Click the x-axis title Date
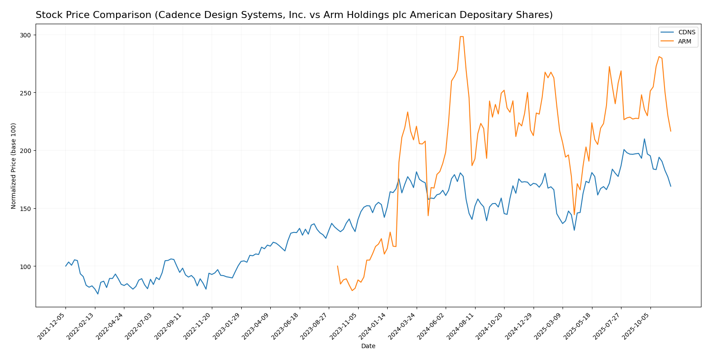(x=368, y=346)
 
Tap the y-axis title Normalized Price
(x=14, y=166)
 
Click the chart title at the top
(x=294, y=15)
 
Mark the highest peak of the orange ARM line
(x=461, y=36)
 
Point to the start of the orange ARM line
(x=338, y=266)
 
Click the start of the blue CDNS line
(x=66, y=266)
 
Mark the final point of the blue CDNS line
(x=671, y=186)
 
